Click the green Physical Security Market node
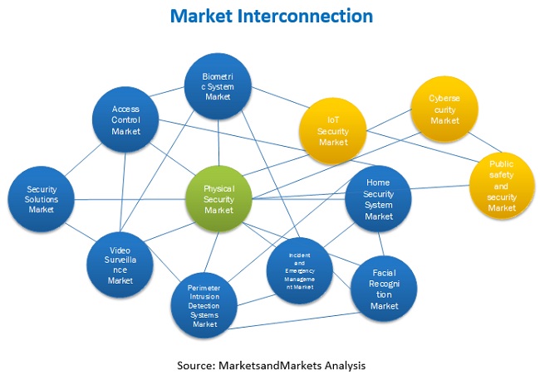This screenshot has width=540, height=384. [219, 200]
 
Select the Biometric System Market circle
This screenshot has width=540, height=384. [218, 86]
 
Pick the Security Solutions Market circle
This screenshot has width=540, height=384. [42, 200]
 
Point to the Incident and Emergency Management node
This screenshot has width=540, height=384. [299, 270]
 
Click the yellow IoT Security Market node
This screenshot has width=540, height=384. [333, 130]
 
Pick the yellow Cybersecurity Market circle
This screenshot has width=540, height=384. [444, 109]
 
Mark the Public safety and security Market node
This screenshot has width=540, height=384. [502, 186]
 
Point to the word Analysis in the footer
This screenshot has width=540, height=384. [342, 365]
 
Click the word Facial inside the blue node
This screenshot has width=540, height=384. [384, 271]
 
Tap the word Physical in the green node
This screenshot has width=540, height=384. [219, 188]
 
